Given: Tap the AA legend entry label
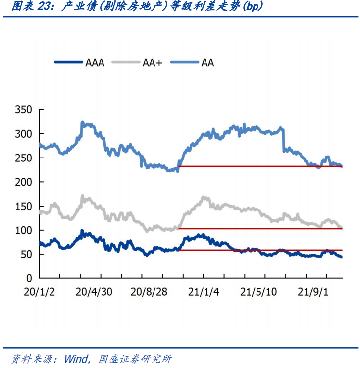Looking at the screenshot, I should point(207,63).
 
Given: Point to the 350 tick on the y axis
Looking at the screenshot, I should point(23,110).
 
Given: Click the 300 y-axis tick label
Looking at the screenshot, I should point(23,134).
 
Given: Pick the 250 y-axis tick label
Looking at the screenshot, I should point(23,158).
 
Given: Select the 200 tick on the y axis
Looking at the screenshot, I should point(23,182).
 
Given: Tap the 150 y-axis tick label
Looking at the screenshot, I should point(23,207).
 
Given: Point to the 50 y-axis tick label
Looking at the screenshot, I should point(26,255).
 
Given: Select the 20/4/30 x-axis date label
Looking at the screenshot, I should point(95,293).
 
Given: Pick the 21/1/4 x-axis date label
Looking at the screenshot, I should point(204,293).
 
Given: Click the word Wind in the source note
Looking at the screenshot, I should point(77,358).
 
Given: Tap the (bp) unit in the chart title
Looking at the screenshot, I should point(252,7).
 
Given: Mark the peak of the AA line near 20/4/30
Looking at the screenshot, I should point(82,122).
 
